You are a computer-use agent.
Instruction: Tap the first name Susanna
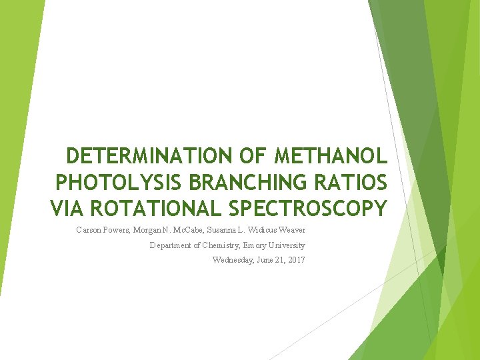227,230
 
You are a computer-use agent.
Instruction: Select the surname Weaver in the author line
291,230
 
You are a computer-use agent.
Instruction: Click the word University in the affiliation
287,245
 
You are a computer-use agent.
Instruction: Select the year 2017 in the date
295,260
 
